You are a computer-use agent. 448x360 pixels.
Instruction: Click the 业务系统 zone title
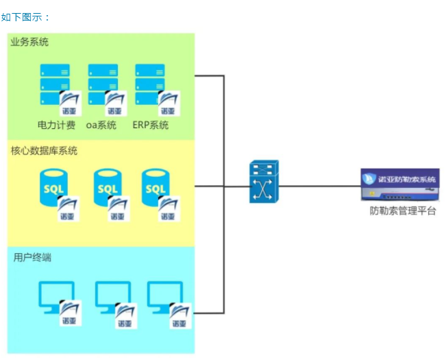click(x=29, y=43)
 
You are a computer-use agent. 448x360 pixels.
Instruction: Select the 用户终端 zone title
click(x=32, y=258)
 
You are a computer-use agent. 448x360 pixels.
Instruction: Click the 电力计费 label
click(x=56, y=125)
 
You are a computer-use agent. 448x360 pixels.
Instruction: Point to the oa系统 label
click(x=101, y=125)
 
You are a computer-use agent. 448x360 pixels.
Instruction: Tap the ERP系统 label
click(x=150, y=125)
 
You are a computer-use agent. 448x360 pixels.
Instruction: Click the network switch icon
click(x=263, y=182)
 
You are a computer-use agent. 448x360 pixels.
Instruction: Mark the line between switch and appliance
click(x=319, y=185)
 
